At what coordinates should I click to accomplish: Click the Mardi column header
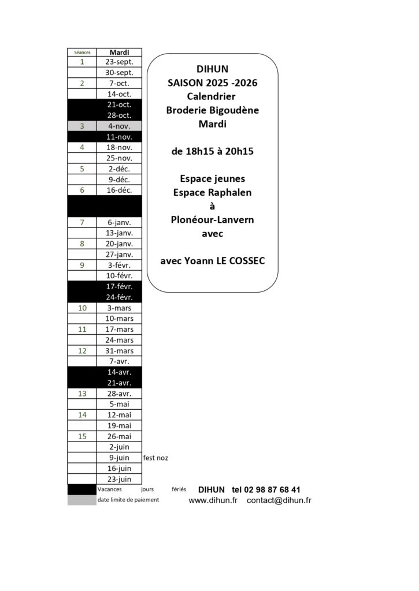[119, 52]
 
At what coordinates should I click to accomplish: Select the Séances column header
[82, 52]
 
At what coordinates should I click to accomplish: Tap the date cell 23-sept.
[119, 62]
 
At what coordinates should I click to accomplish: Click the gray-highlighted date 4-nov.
[119, 126]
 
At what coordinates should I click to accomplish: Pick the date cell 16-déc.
[119, 190]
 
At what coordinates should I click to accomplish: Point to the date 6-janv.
[119, 222]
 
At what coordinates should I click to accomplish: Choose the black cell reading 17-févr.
[119, 286]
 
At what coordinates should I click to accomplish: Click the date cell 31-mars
[119, 350]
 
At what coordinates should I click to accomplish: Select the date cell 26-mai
[119, 436]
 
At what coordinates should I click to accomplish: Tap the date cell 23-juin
[119, 479]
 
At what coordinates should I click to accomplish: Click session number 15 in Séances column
[82, 436]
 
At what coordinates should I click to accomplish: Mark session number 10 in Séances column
[82, 308]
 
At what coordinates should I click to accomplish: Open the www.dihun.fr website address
[213, 500]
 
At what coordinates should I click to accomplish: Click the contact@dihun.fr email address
[279, 500]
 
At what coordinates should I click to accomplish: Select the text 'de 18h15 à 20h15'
[212, 151]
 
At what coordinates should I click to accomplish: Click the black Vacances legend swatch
[81, 489]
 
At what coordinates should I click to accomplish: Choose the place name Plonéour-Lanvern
[212, 219]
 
